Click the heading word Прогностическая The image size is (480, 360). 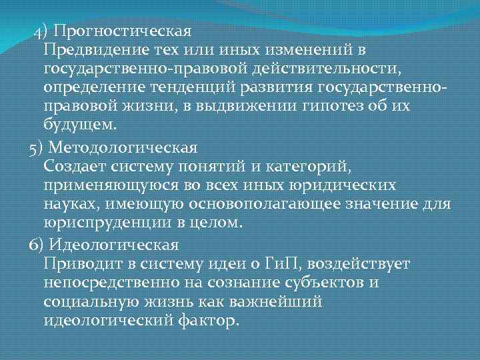123,31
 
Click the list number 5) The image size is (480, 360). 37,145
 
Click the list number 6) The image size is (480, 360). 37,243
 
